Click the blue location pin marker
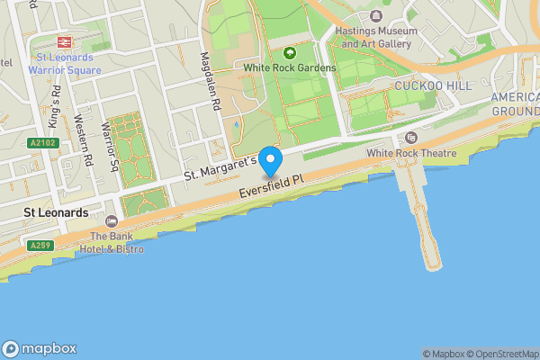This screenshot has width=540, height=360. coord(270,161)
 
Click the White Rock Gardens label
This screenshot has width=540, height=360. coord(290,67)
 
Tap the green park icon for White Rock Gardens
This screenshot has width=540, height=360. coord(290,52)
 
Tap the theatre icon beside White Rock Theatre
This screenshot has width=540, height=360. coord(411,137)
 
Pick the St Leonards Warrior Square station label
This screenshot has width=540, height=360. coord(64,62)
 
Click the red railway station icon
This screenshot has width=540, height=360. coord(64,41)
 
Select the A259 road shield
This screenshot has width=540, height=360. coord(39,245)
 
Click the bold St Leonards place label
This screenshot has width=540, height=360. coord(56,213)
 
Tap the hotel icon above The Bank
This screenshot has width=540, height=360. coord(112,221)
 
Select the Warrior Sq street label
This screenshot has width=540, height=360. coord(111,146)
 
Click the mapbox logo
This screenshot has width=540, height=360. coord(40,348)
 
